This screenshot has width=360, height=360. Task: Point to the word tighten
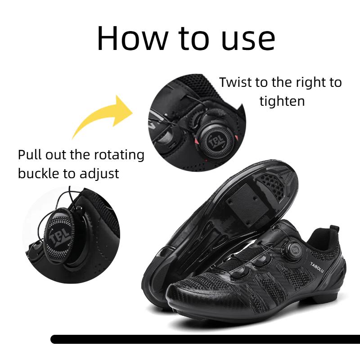[x=282, y=101]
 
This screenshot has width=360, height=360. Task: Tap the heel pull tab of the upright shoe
[x=333, y=232]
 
